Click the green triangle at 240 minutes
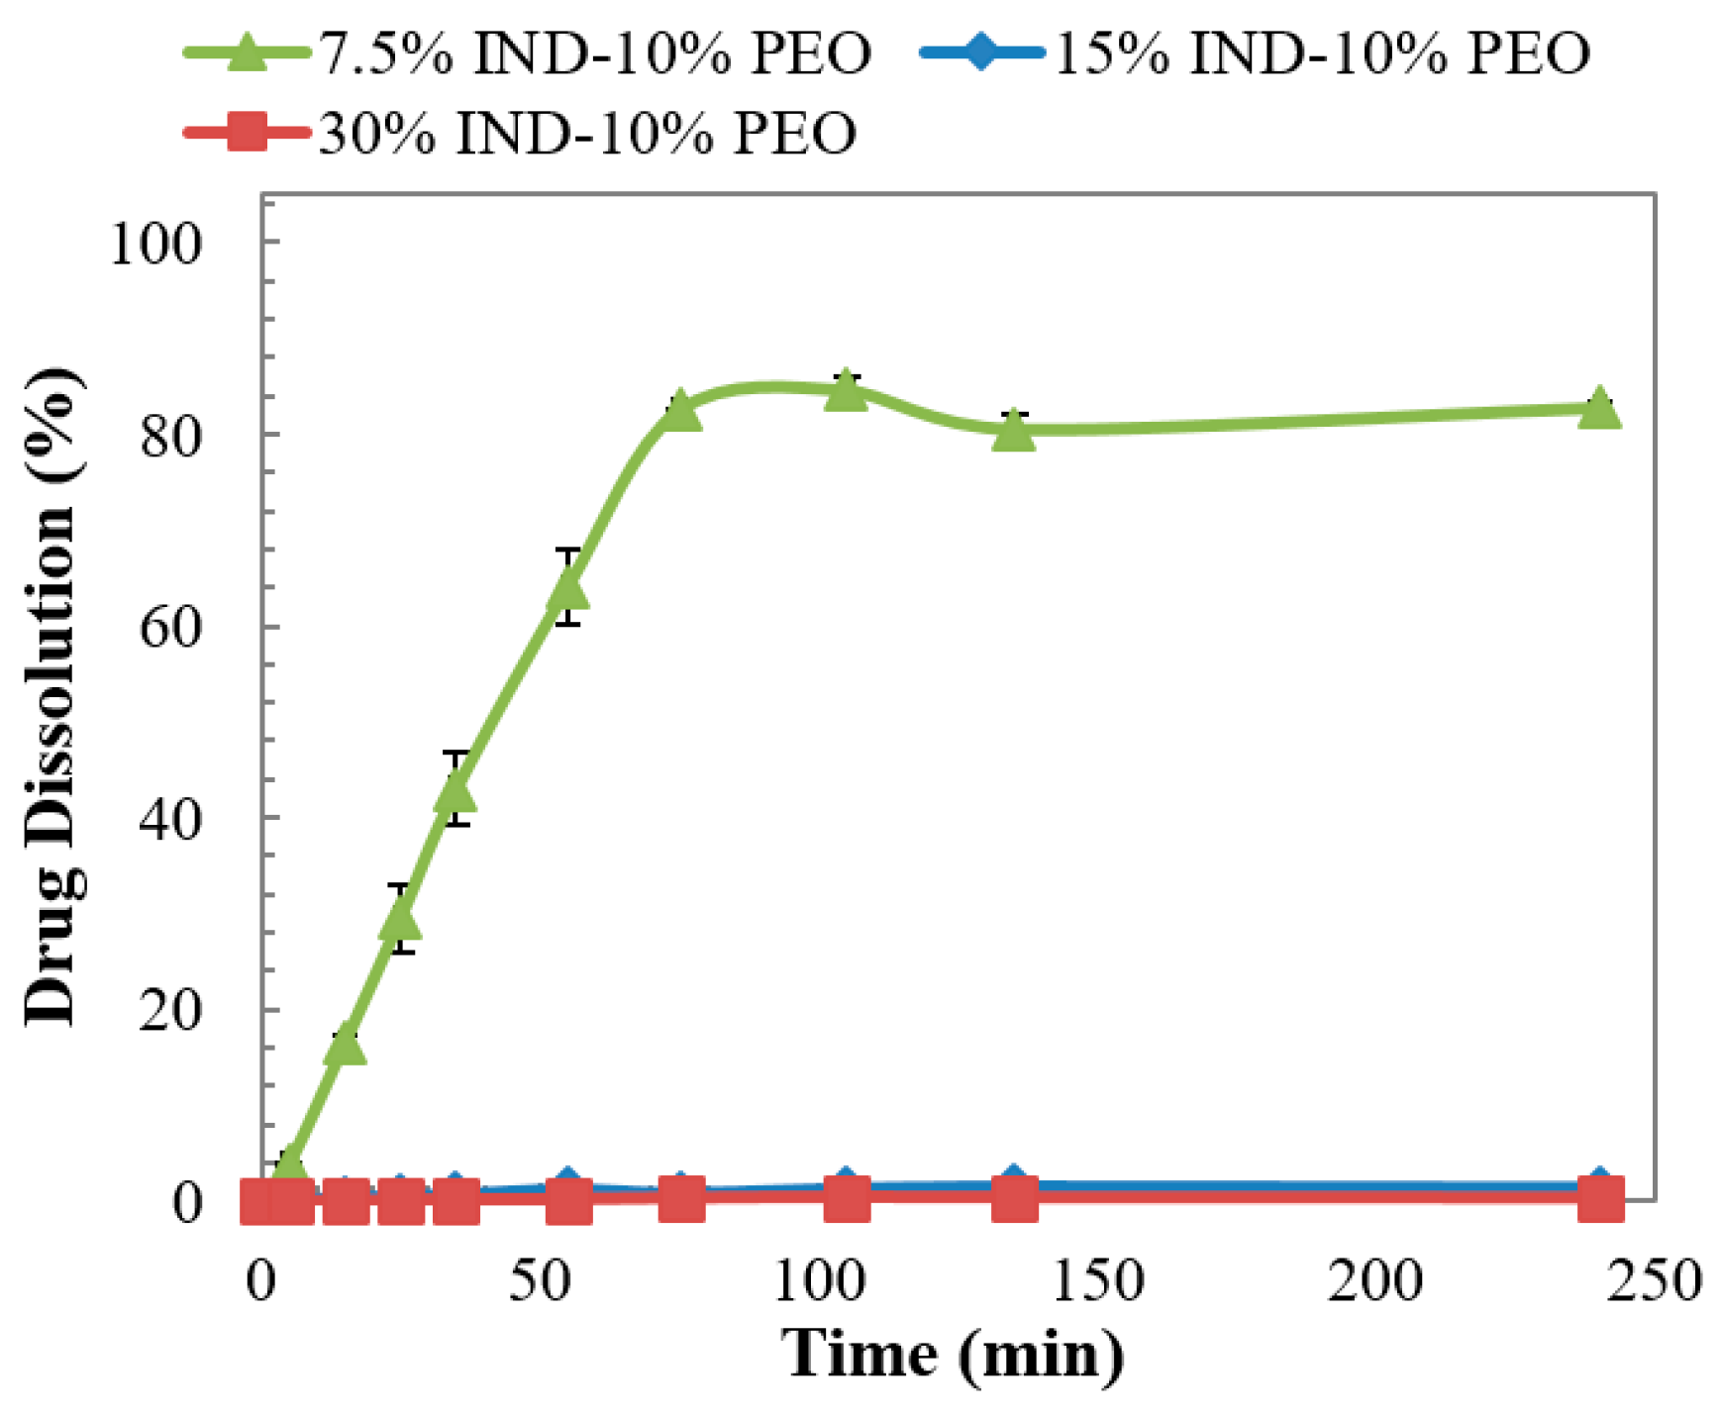(x=1599, y=408)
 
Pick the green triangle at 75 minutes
(x=680, y=410)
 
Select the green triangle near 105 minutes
(x=846, y=390)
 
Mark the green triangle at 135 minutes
(x=1014, y=431)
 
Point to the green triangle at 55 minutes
(x=567, y=590)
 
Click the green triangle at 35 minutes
(x=456, y=792)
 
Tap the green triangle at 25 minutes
(x=400, y=921)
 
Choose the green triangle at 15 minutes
(x=345, y=1046)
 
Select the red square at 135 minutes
(x=1014, y=1200)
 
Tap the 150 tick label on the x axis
(x=1097, y=1280)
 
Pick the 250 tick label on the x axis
(x=1654, y=1280)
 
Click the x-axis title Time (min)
(x=954, y=1354)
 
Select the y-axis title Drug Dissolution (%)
(x=51, y=697)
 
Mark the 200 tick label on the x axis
(x=1375, y=1280)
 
